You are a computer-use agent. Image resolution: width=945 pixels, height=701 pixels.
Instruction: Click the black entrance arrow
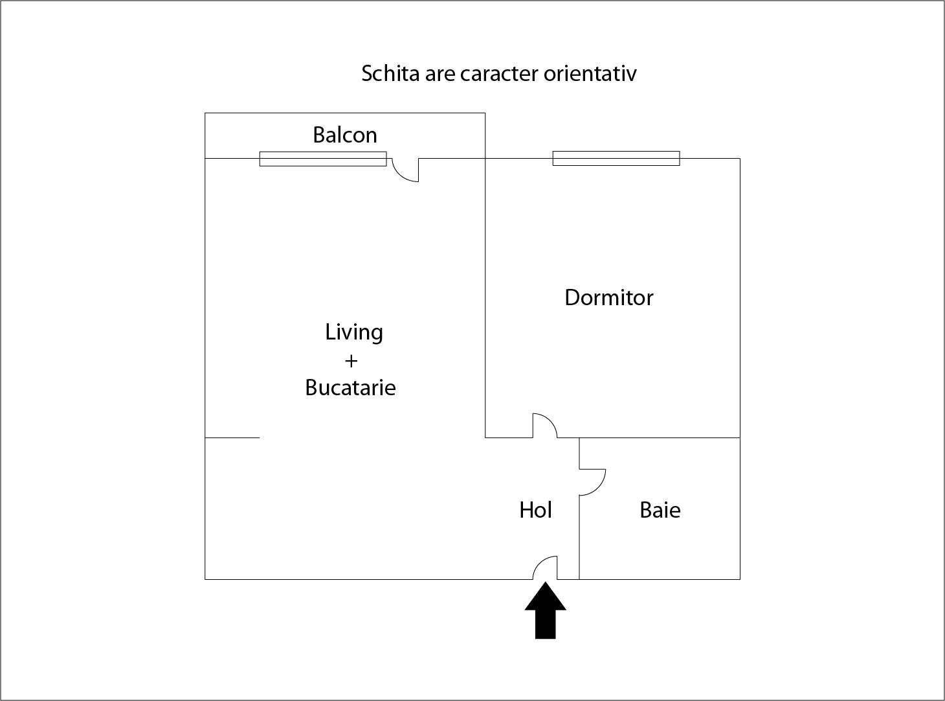click(546, 612)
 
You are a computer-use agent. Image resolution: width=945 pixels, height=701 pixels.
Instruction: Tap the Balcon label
click(345, 135)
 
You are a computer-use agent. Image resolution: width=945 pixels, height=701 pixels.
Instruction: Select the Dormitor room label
click(609, 298)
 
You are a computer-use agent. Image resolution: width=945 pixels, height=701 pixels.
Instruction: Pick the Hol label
click(535, 510)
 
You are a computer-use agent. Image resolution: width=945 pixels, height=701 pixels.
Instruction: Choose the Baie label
click(660, 510)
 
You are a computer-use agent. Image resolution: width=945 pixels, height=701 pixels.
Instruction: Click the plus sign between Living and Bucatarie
click(351, 362)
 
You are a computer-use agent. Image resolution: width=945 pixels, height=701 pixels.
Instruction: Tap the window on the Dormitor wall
click(616, 158)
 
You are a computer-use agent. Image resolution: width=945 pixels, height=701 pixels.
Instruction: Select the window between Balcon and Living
click(323, 159)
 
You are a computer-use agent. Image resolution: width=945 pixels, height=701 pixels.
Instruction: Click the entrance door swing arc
click(540, 563)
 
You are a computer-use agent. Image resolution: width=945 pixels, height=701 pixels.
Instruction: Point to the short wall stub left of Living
click(232, 438)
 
